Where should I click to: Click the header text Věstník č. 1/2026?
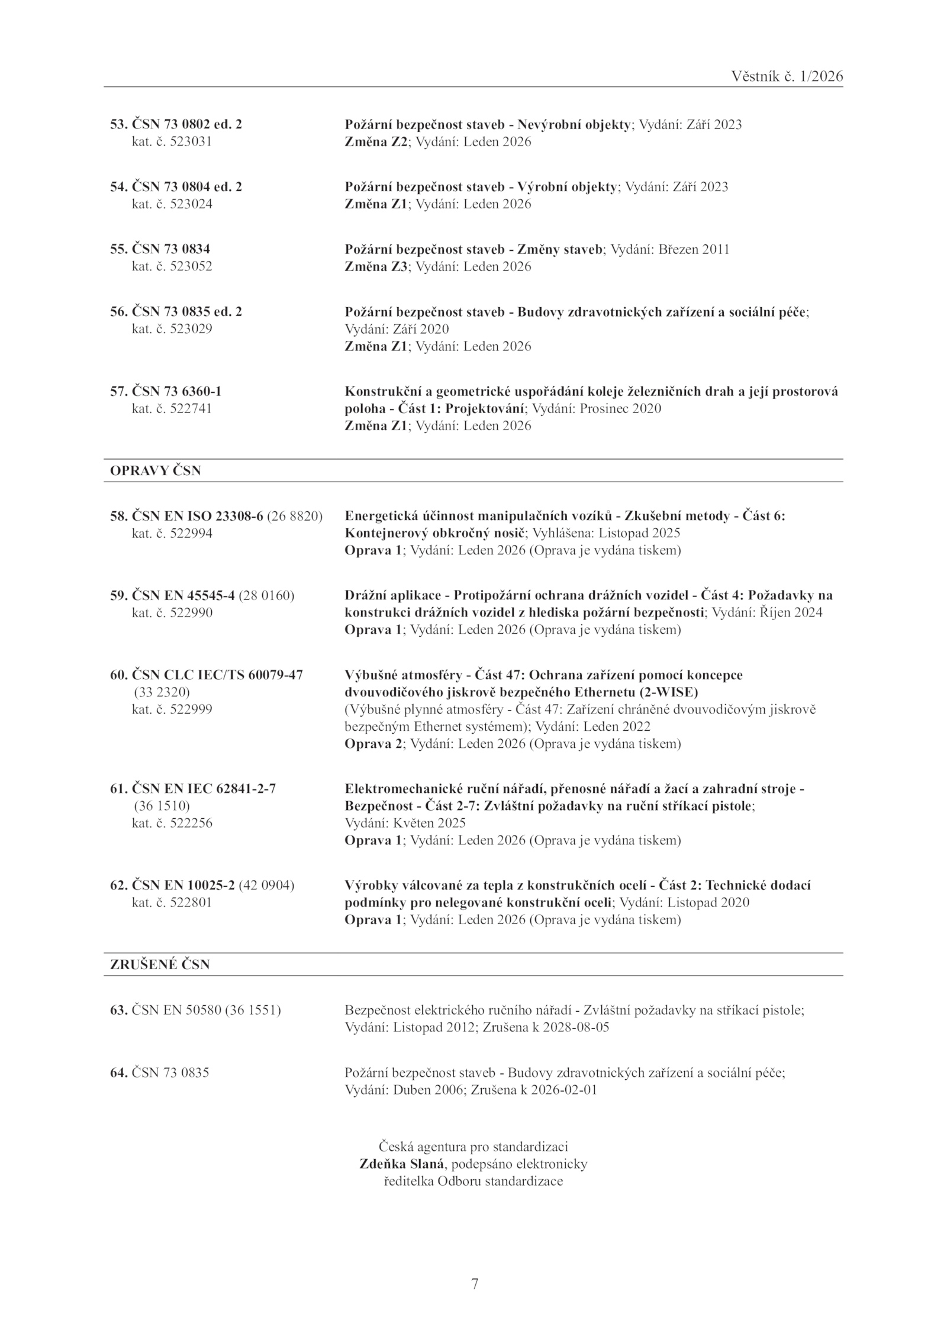pos(787,76)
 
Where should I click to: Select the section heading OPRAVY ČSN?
pos(156,470)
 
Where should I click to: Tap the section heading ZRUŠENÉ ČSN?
pos(160,964)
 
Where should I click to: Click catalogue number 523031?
pos(191,142)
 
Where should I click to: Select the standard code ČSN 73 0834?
pos(170,249)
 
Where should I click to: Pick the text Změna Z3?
pos(376,267)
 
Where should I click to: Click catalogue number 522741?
pos(191,409)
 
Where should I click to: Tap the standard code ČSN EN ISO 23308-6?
pos(197,516)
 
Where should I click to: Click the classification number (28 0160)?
pos(266,595)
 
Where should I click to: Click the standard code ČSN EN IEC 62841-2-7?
pos(204,789)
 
